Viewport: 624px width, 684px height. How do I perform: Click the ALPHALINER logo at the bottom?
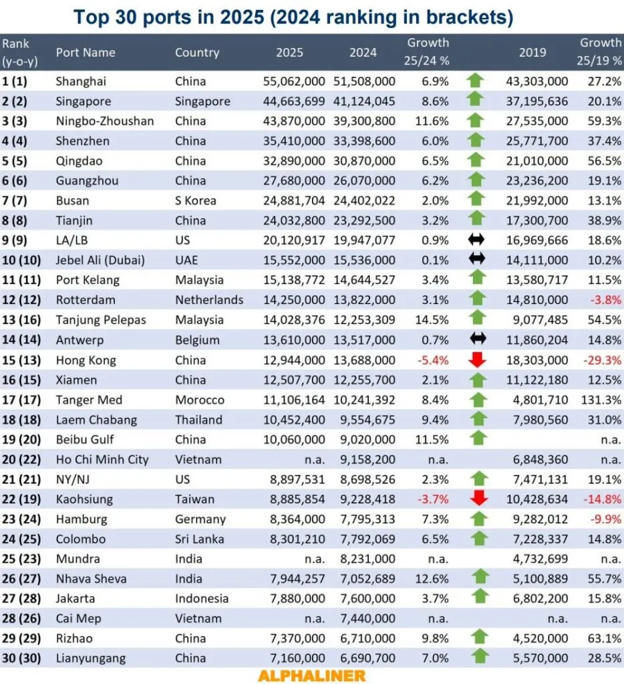coord(311,675)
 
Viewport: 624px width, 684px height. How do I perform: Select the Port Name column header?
coord(86,52)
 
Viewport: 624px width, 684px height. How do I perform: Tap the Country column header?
coord(197,52)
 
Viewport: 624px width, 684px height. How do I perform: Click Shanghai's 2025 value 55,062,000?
coord(293,81)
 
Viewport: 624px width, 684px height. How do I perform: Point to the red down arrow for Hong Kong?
coord(475,360)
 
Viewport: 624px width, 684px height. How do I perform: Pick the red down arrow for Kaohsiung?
coord(475,499)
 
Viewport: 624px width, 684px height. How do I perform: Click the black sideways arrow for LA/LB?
coord(475,240)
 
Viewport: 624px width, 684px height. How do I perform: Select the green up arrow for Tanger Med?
coord(475,400)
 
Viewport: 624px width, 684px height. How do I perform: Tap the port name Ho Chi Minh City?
coord(102,460)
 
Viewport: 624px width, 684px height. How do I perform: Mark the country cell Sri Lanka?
coord(198,539)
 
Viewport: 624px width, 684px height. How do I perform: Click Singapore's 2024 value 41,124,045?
coord(364,102)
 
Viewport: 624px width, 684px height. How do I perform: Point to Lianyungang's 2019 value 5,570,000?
coord(539,659)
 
